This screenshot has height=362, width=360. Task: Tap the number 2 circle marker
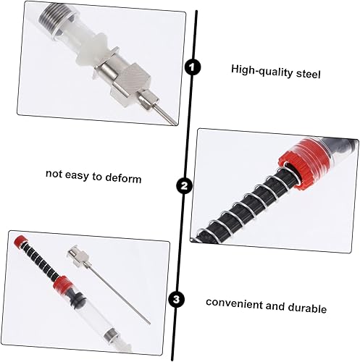[x=185, y=187]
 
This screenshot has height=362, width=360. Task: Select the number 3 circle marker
[x=176, y=298]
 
